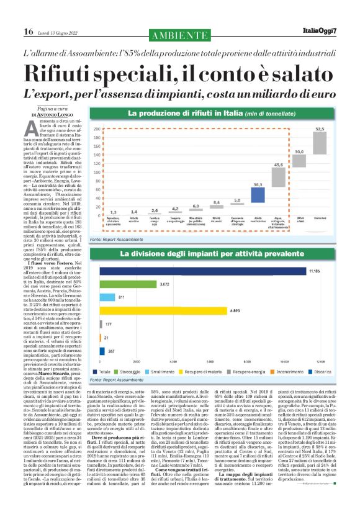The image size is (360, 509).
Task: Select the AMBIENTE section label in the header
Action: coord(180,32)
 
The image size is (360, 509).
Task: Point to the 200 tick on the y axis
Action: coord(96,129)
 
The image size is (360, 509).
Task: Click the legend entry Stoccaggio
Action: coord(127,371)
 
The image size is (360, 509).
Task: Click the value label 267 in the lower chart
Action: coord(111,351)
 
